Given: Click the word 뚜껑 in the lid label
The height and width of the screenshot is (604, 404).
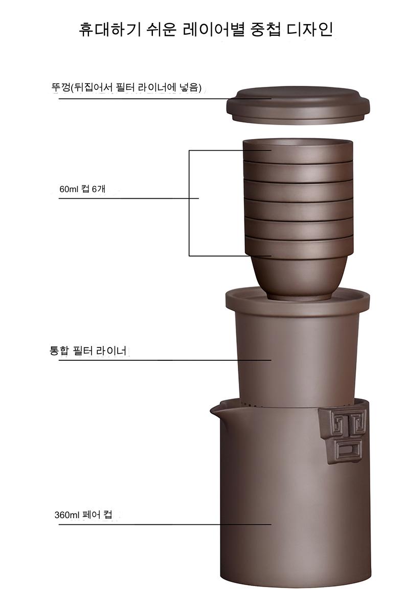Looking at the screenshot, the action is tap(61, 87).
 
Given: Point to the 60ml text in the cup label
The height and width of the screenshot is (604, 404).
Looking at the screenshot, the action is tap(69, 189).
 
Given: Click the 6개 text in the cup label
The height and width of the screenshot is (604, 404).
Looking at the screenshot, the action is tap(99, 189).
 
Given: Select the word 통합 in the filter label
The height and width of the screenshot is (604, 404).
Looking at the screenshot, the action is tap(59, 351).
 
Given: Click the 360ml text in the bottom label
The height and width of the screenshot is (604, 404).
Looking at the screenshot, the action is tap(66, 515).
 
